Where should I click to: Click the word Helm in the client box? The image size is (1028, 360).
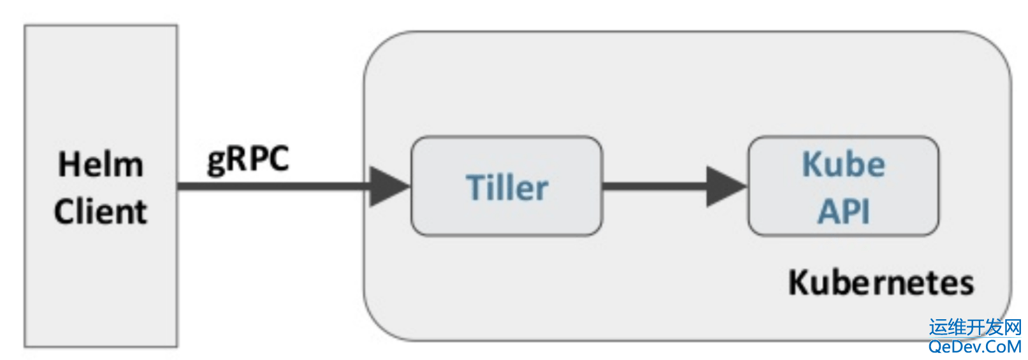tap(101, 164)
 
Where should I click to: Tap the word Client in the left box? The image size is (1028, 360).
tap(101, 212)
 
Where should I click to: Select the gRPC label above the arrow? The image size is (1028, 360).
tap(248, 161)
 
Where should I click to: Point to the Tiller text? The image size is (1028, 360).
tap(507, 187)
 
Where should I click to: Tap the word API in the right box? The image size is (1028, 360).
tap(844, 212)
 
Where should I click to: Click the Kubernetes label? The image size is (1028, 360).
tap(881, 282)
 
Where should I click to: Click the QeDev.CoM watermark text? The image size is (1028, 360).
tap(975, 346)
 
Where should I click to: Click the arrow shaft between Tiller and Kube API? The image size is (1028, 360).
tap(655, 186)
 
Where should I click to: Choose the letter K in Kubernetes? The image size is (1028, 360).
tap(799, 282)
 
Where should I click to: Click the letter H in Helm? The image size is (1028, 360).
tap(69, 164)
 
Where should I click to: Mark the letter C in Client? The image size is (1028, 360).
tap(65, 212)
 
